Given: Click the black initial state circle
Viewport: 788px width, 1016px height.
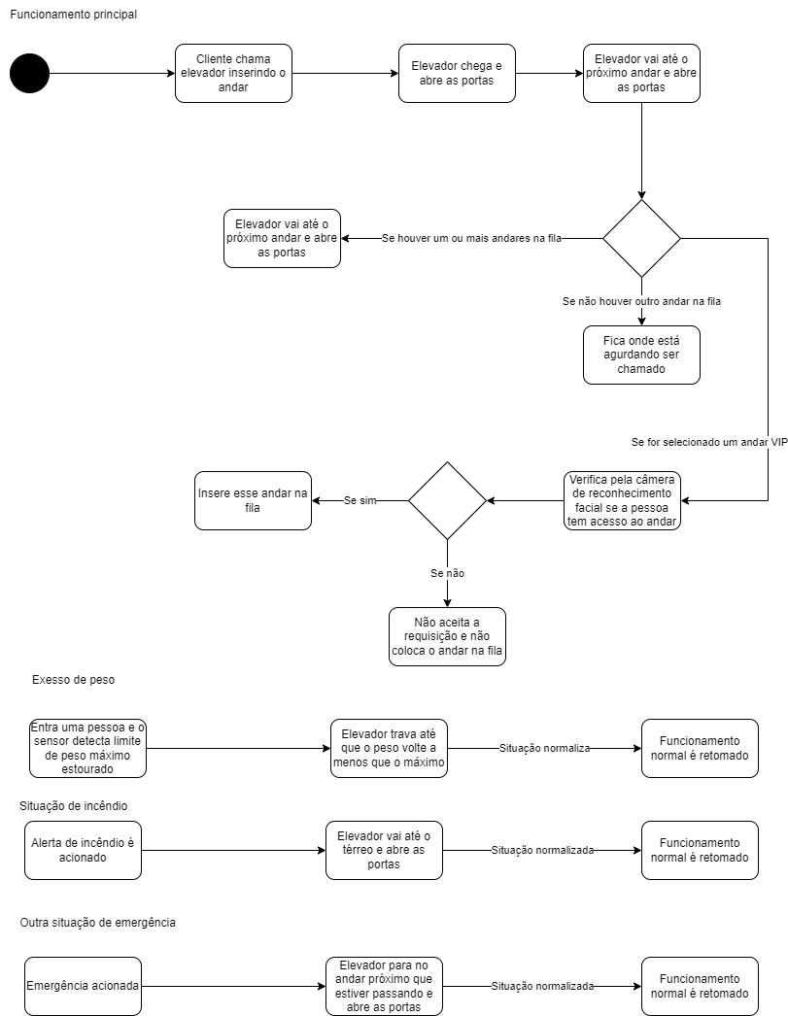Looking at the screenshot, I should (29, 74).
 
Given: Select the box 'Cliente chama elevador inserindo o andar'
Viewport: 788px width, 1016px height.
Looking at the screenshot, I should (233, 74).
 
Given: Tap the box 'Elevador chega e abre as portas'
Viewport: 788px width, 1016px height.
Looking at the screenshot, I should (457, 74).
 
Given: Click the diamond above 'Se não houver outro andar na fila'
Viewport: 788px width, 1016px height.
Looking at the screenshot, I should (641, 238).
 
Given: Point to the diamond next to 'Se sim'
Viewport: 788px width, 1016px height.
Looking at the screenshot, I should (447, 500).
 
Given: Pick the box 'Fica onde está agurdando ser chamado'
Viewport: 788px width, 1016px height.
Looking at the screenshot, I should (641, 355).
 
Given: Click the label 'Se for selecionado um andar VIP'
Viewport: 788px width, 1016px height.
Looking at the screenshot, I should (709, 442).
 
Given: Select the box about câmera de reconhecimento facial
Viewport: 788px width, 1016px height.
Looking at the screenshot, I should (622, 500).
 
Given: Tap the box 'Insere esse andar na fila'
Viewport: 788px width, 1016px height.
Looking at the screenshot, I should (253, 500).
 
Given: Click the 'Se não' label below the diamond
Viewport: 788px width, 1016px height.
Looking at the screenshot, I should (447, 573).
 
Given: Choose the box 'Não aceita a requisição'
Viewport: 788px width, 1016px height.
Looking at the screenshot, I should (447, 636).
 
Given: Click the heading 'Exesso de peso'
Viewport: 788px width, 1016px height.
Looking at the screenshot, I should (73, 680).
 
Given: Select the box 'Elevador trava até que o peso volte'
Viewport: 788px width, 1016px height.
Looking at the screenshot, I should (389, 748).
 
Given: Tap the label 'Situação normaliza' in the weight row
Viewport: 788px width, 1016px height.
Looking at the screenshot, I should (544, 748).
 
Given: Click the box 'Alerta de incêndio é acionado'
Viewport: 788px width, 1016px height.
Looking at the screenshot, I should (83, 850).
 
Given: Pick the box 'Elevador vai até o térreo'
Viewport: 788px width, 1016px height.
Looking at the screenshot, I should (384, 850).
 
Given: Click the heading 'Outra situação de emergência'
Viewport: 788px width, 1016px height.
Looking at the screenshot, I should (97, 922).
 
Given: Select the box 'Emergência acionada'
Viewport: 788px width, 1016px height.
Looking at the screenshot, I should (83, 986).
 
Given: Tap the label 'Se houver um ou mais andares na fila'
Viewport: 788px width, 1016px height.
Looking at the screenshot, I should (471, 238).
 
